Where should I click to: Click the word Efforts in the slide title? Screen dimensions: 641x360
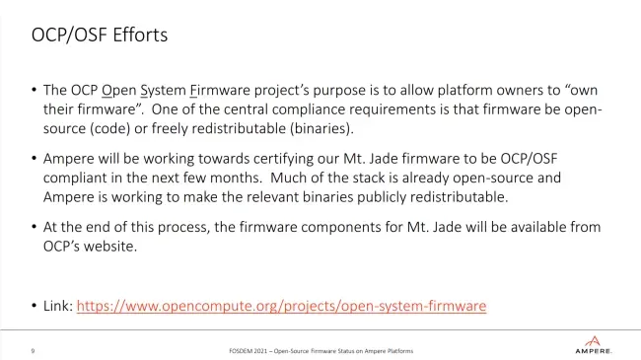click(x=140, y=35)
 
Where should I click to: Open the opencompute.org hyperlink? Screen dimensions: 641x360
click(x=281, y=306)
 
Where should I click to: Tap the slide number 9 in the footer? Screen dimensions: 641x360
click(x=33, y=351)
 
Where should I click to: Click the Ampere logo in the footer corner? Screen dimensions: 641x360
click(x=593, y=345)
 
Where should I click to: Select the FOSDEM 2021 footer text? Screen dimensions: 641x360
click(x=320, y=351)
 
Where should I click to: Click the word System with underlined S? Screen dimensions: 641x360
click(x=163, y=90)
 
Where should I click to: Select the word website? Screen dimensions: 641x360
click(x=110, y=247)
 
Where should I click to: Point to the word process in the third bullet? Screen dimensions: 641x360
click(x=183, y=228)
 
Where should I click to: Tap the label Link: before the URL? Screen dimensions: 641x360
click(x=58, y=306)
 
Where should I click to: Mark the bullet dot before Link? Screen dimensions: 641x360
click(x=34, y=306)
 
